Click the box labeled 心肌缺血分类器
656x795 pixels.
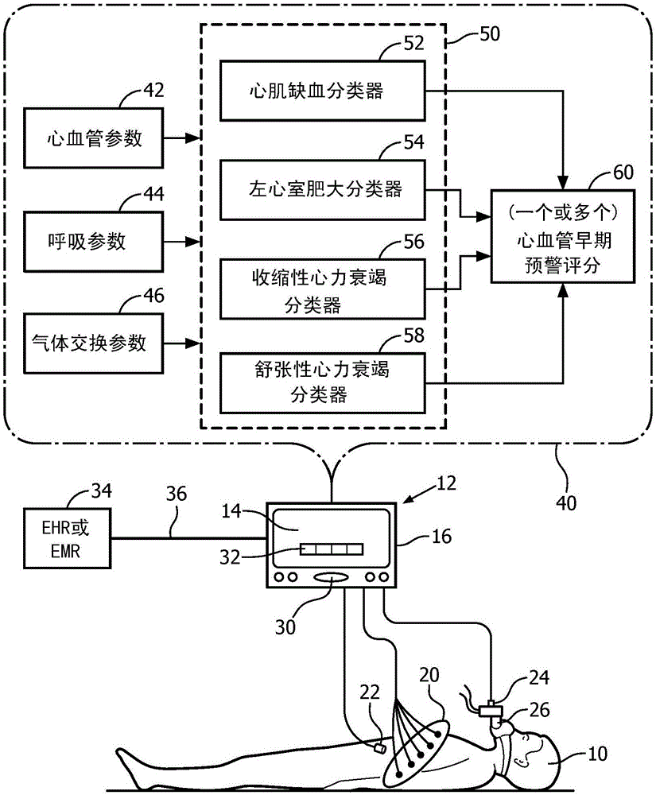(322, 91)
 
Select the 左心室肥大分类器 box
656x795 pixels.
(322, 190)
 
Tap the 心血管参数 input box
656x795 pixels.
(93, 138)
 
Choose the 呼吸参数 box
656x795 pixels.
(93, 242)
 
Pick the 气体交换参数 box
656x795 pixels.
(93, 343)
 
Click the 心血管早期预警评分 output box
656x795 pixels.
(563, 236)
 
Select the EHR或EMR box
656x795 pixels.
(67, 538)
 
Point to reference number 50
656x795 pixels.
(489, 34)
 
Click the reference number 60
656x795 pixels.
(623, 173)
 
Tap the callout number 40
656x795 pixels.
(566, 502)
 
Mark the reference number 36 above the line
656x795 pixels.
(177, 494)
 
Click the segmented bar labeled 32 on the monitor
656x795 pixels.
(332, 549)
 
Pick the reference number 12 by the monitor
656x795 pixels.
(446, 483)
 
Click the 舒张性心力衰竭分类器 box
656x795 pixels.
(322, 383)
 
